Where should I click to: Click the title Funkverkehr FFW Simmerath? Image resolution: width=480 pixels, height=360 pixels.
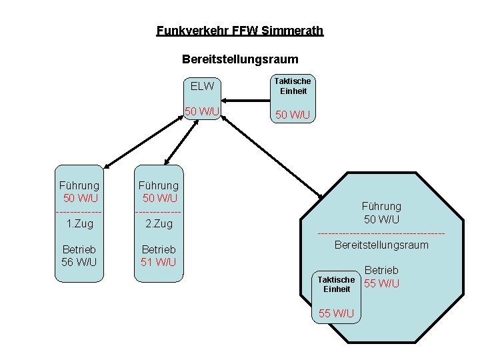[x=239, y=31]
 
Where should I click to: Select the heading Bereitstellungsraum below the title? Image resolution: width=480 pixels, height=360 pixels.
[x=240, y=59]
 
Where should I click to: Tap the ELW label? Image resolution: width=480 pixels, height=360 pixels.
[x=202, y=86]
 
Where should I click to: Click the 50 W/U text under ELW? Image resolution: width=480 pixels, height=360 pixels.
[x=202, y=111]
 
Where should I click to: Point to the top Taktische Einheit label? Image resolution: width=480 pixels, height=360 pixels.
[x=293, y=86]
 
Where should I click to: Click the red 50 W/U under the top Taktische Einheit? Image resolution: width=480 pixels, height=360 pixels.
[x=293, y=115]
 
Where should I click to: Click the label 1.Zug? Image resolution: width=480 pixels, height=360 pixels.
[x=80, y=223]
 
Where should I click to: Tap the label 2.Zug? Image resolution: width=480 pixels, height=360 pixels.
[x=159, y=223]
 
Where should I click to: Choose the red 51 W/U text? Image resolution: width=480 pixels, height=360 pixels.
[x=159, y=262]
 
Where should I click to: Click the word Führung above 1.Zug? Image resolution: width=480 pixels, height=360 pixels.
[x=80, y=185]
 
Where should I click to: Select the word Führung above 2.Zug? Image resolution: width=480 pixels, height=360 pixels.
[x=159, y=185]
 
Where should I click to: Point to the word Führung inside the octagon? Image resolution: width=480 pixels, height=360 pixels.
[x=381, y=207]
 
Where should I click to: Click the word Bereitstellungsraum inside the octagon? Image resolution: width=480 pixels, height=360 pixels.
[x=381, y=245]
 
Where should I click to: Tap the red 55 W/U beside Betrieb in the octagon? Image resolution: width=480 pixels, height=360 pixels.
[x=381, y=283]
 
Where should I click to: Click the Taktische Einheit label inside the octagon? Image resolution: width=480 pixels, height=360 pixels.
[x=336, y=284]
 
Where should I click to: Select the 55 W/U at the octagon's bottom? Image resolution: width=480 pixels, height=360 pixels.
[x=336, y=313]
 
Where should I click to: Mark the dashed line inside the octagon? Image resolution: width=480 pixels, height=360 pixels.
[x=381, y=233]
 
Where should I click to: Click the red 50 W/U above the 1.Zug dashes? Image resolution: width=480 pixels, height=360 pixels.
[x=80, y=198]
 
